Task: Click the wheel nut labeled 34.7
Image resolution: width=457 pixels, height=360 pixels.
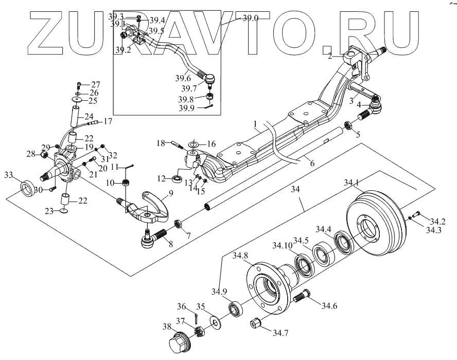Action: pos(256,325)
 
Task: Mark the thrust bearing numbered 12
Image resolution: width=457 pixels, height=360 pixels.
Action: pos(177,179)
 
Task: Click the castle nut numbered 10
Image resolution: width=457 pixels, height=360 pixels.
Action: pos(125,183)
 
